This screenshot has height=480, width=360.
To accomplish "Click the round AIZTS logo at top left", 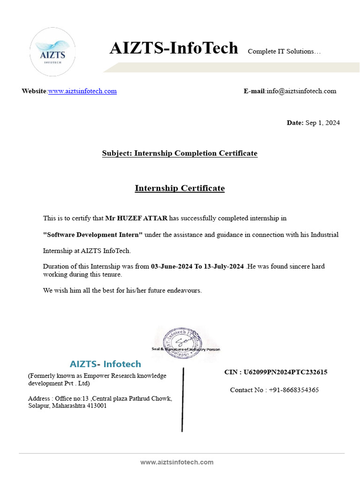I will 52,52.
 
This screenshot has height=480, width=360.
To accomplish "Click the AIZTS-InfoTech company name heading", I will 173,48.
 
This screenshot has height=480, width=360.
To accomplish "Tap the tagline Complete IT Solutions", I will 284,51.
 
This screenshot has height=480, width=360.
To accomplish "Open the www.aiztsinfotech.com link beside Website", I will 82,91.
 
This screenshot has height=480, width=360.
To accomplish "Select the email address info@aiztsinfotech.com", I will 301,91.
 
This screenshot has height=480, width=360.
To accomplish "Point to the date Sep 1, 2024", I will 322,123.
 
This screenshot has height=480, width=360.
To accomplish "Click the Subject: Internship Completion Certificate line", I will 180,153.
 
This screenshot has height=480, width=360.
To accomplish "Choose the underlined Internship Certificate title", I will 180,188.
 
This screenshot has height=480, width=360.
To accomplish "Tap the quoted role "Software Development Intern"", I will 93,234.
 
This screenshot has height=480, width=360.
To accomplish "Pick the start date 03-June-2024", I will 172,266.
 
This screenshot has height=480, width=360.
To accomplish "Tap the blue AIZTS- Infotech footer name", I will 105,364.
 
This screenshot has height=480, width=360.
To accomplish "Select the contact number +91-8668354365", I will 294,390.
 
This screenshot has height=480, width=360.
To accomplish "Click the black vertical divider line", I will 182,399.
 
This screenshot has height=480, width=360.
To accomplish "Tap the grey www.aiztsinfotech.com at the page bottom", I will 177,462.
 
